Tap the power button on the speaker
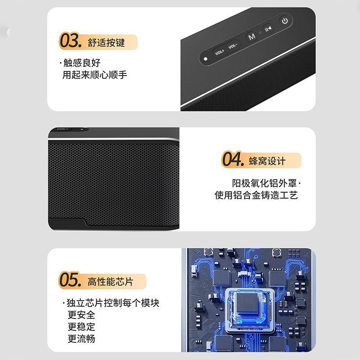click(x=285, y=21)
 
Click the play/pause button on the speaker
click(x=268, y=29)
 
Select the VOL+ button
click(x=220, y=52)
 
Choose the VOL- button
click(x=233, y=46)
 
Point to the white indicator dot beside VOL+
click(x=206, y=59)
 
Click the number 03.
click(x=71, y=40)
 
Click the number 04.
click(x=233, y=159)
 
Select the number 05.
click(x=70, y=279)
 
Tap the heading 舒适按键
click(x=106, y=43)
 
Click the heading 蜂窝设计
click(x=267, y=161)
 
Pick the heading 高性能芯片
click(x=110, y=282)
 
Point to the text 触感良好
click(x=82, y=63)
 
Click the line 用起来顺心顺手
click(x=94, y=75)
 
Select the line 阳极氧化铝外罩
click(x=264, y=184)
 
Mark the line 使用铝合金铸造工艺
click(x=256, y=195)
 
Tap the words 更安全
click(x=81, y=315)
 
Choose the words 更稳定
click(x=81, y=327)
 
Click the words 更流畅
click(x=81, y=339)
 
